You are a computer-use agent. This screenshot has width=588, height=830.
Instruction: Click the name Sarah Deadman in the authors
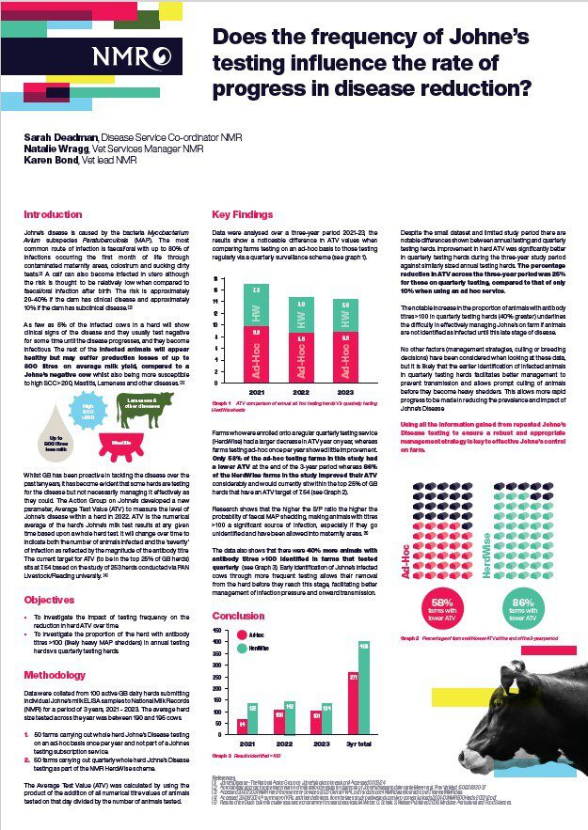tap(57, 137)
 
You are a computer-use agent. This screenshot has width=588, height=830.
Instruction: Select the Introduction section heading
tap(53, 214)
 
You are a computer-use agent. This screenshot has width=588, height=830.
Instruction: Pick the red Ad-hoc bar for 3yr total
tap(353, 707)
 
